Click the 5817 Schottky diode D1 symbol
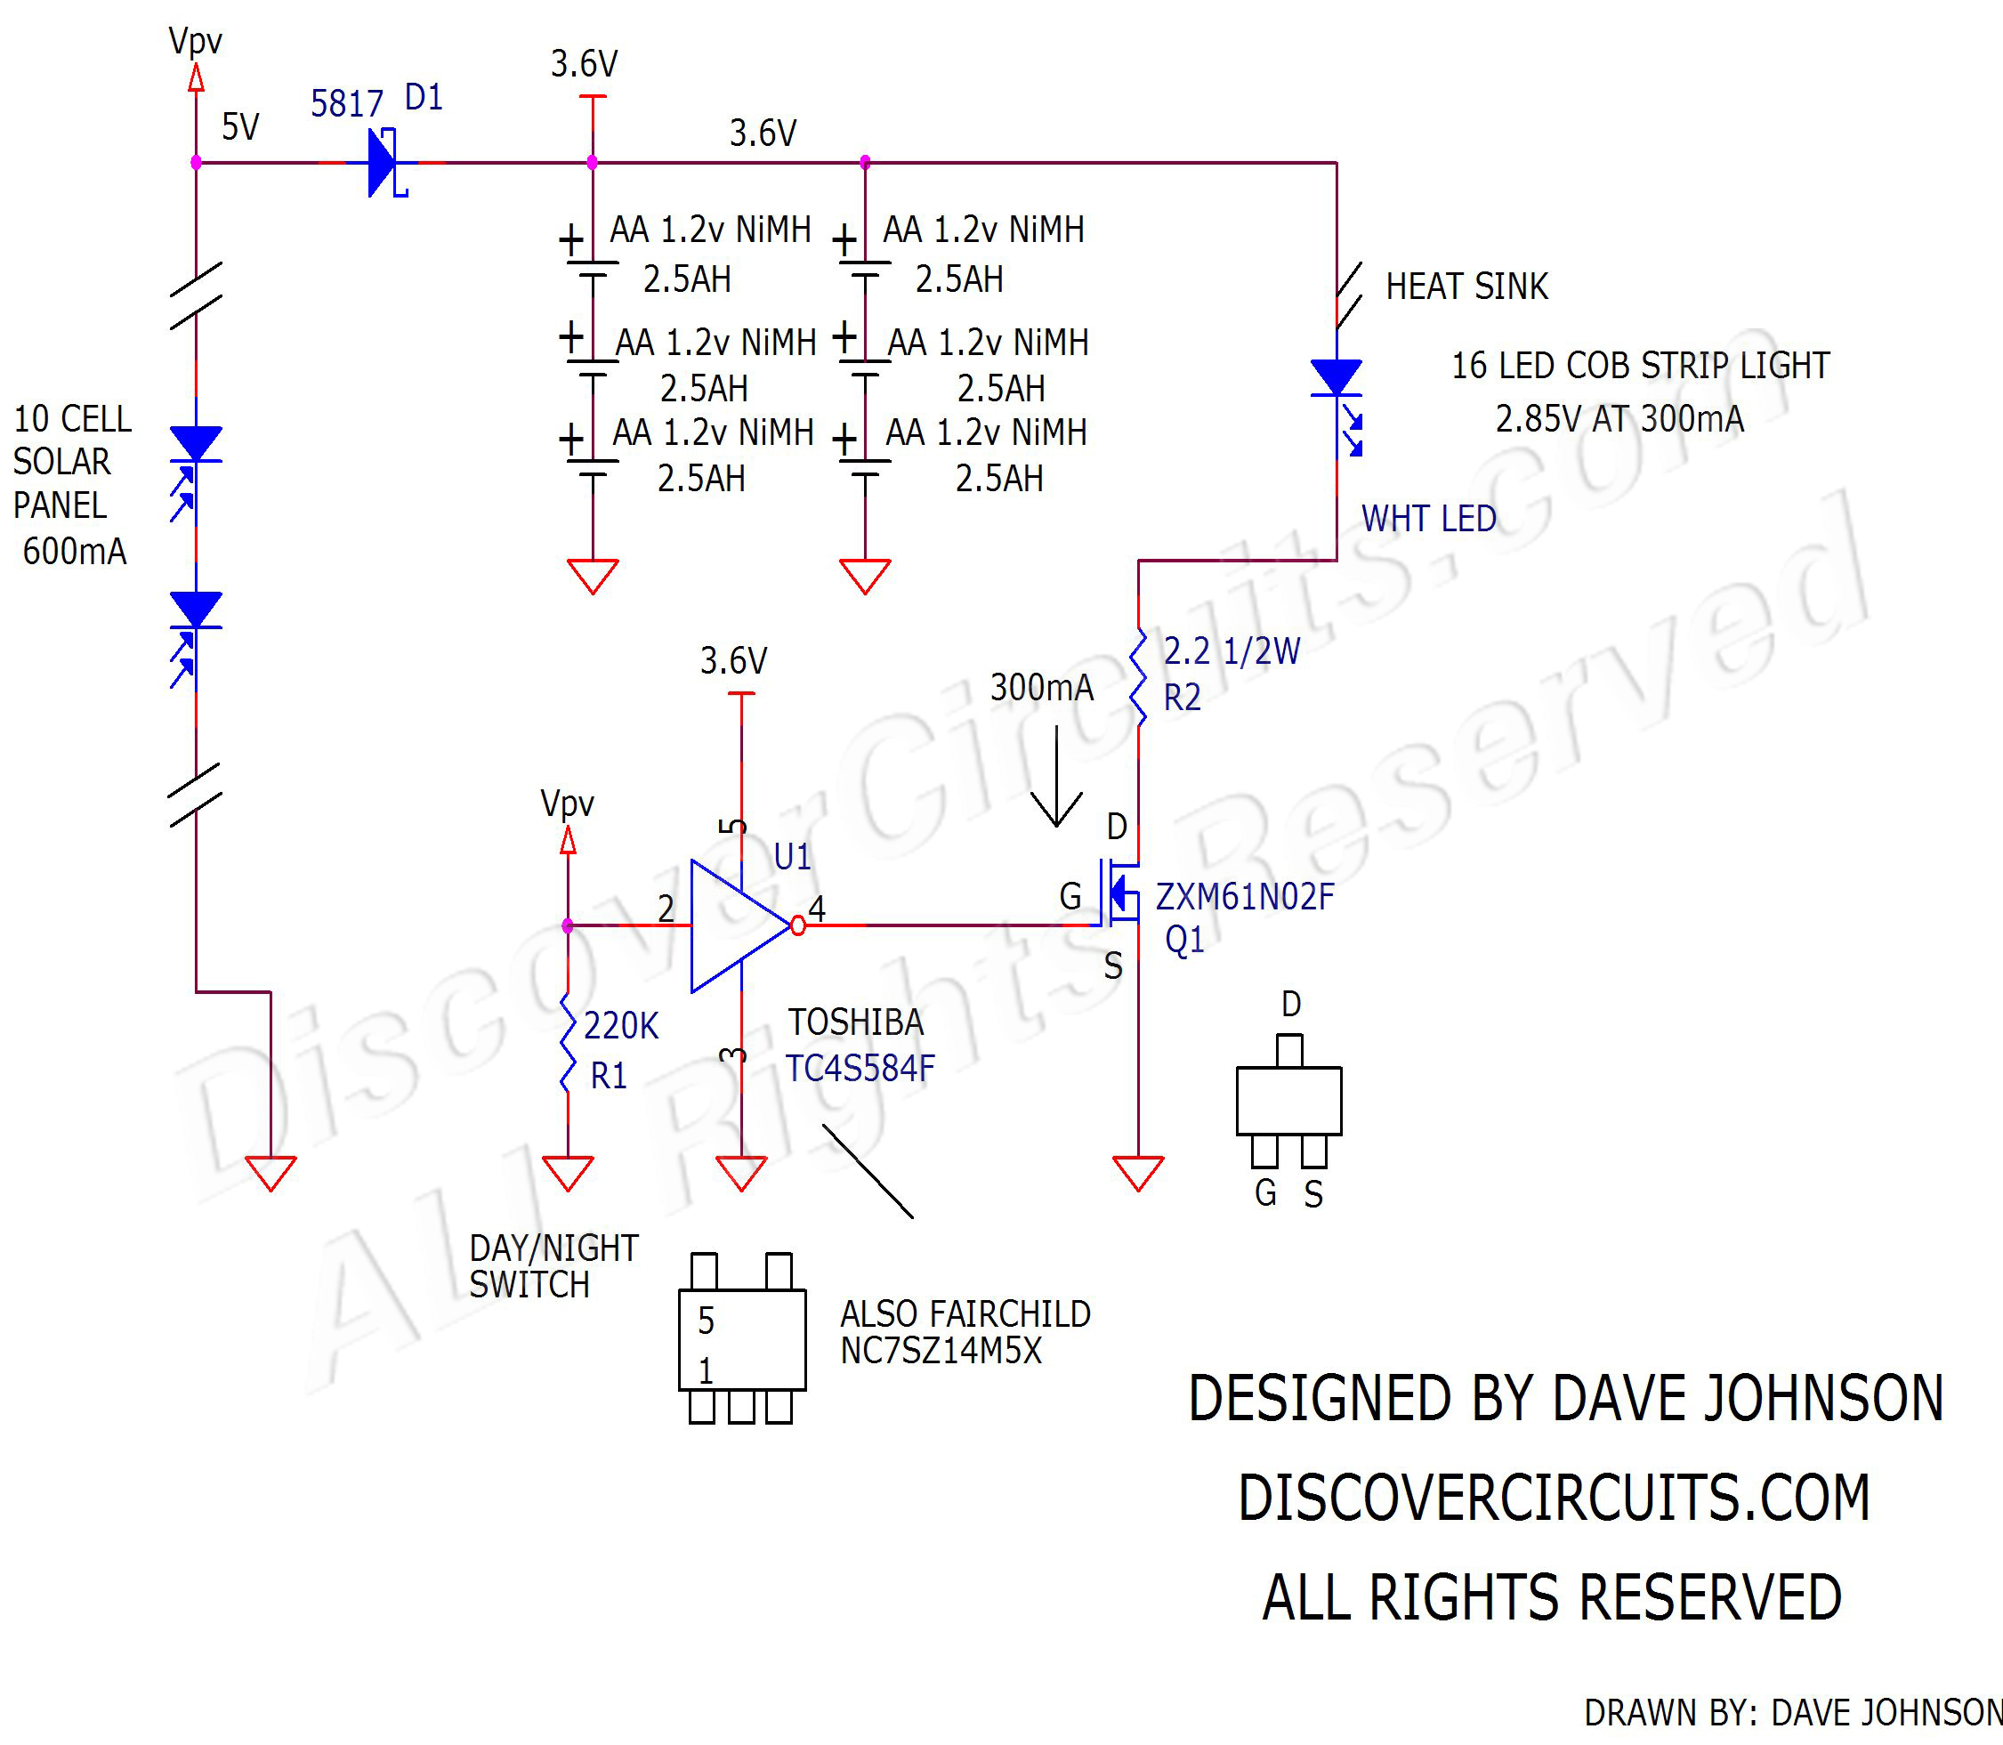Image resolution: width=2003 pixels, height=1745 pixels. pos(384,163)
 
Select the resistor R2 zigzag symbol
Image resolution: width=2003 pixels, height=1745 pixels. pos(1138,678)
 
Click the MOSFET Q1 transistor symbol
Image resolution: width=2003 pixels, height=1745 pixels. pos(1119,891)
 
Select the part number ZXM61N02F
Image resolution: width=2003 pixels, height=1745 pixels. pos(1245,897)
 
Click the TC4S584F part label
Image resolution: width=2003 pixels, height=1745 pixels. pos(860,1068)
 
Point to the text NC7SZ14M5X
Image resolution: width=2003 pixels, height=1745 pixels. pos(941,1351)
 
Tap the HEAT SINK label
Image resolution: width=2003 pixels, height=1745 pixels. pos(1466,287)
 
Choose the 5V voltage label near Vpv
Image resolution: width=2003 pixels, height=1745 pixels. pos(239,126)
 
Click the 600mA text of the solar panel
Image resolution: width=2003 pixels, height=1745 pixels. pos(74,551)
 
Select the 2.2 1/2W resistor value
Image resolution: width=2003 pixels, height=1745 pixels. pos(1231,650)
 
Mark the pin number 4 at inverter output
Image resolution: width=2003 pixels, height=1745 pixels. pos(817,909)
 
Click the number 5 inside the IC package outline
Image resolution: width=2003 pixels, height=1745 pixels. pos(706,1321)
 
